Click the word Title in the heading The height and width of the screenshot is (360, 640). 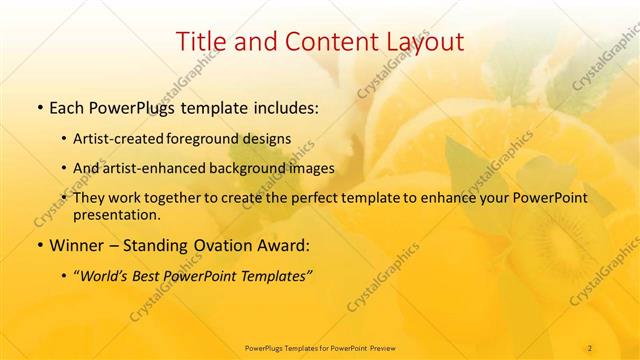pos(200,42)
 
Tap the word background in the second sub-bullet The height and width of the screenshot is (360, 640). pos(257,168)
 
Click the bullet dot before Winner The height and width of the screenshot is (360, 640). pos(39,245)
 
